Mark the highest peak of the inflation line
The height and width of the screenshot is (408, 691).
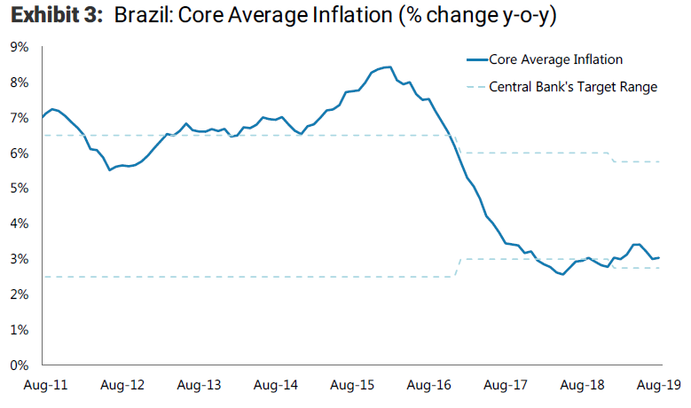click(x=389, y=67)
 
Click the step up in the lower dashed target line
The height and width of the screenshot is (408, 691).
click(x=458, y=266)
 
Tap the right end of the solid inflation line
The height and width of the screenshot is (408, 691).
click(x=662, y=257)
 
